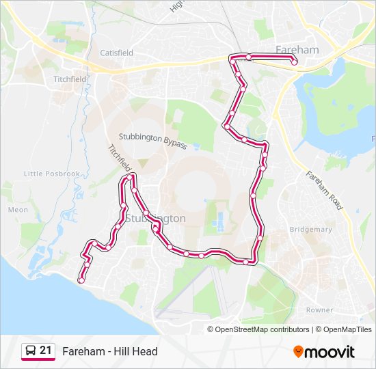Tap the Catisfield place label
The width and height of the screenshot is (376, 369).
117,53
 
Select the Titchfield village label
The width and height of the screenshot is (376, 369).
70,79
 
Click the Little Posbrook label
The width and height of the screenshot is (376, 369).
52,174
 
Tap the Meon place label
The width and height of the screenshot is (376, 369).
17,210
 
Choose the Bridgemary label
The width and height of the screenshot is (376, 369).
310,230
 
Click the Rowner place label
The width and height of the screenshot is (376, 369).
319,310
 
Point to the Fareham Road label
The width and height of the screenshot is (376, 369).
324,190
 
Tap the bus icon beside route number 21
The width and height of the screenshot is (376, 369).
30,351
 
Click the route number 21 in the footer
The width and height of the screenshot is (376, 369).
46,351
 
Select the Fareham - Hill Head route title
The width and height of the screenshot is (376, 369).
109,351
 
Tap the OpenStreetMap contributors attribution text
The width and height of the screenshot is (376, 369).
262,329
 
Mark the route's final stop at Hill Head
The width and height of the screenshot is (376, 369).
81,280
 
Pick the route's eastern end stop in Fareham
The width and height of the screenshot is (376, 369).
294,62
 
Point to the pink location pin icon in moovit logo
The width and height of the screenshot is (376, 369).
298,352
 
